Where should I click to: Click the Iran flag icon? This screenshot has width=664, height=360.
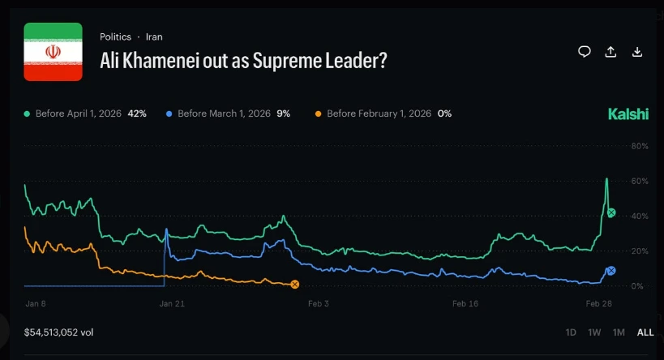coord(53,52)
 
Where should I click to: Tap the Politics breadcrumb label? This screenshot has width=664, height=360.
coord(115,36)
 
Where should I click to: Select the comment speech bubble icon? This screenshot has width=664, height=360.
coord(584,52)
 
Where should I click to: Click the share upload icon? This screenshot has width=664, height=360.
coord(610,52)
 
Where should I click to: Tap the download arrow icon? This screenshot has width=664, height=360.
coord(637,52)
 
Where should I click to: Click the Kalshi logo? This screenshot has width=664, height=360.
coord(628,114)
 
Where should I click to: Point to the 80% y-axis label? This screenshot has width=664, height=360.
coord(640,146)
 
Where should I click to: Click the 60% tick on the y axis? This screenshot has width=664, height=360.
coord(640,181)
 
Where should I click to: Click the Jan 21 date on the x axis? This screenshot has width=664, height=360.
coord(172,304)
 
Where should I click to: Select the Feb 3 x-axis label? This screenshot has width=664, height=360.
coord(319,304)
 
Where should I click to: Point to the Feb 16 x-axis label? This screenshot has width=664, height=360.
coord(465,304)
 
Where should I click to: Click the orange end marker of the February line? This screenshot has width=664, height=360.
coord(295,284)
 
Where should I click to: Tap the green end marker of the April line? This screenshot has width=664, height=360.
coord(611,212)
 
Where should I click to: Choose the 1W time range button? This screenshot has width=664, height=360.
coord(594,332)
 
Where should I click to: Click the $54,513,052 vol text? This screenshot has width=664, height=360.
coord(58,332)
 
